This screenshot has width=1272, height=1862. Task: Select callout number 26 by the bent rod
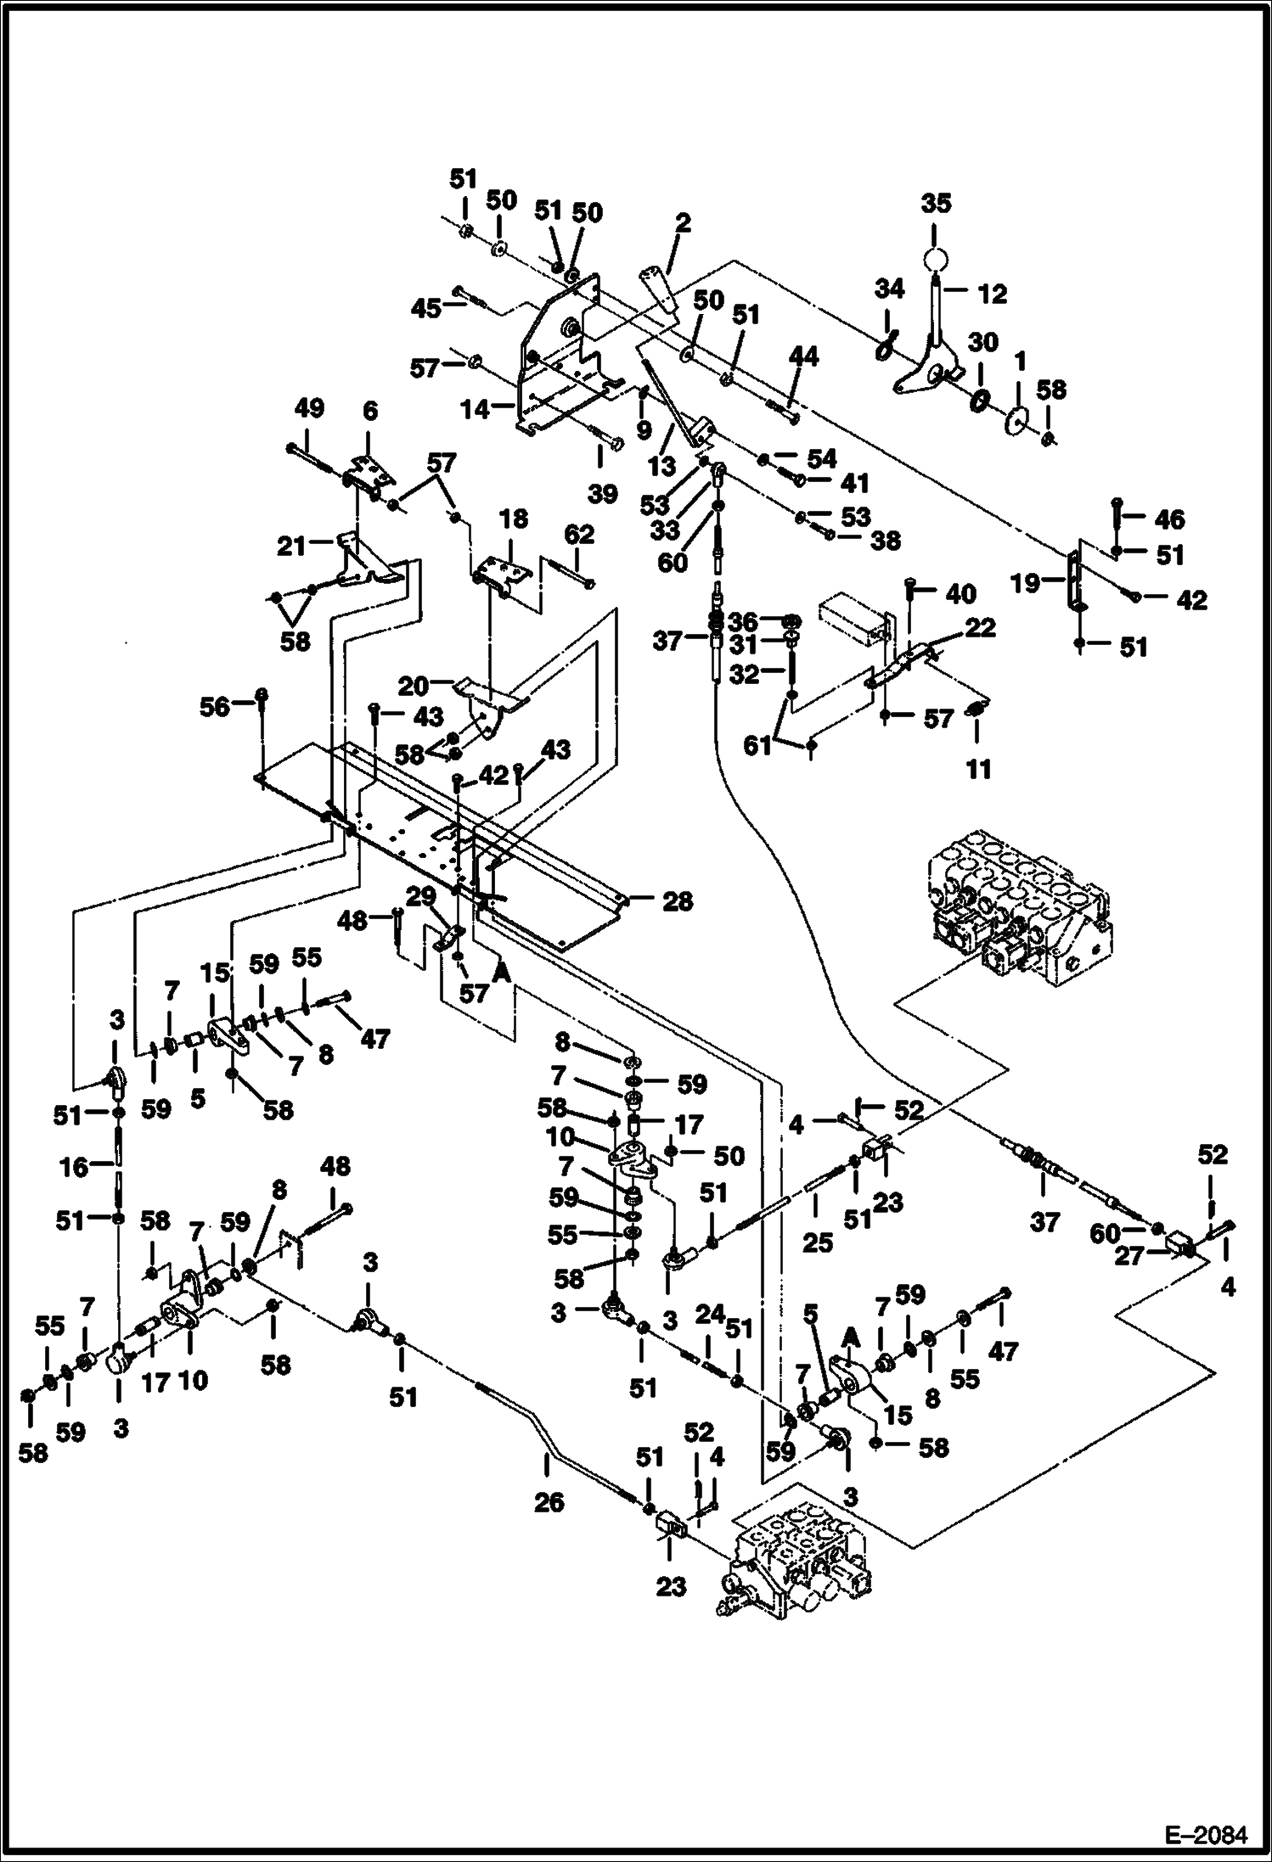coord(549,1503)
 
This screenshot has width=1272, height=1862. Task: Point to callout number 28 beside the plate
coord(677,901)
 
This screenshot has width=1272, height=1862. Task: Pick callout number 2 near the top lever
coord(682,225)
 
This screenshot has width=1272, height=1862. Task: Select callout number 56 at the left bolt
coord(215,706)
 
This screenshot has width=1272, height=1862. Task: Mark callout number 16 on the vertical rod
coord(75,1168)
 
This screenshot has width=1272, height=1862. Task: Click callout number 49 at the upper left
coord(309,409)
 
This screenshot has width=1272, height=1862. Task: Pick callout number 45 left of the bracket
coord(426,307)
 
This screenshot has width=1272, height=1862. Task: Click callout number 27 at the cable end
coord(1129,1255)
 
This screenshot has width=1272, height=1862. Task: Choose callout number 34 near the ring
coord(889,290)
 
